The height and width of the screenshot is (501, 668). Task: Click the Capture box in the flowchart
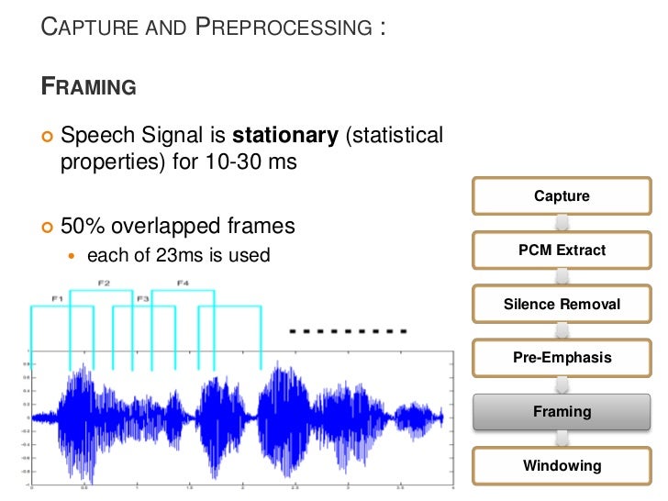pos(562,196)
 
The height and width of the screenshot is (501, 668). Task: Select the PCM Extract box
pos(562,250)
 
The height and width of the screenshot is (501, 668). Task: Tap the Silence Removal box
pos(562,305)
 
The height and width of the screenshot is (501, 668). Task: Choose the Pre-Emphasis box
pos(562,358)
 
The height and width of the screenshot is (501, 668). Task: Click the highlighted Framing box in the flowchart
pos(562,412)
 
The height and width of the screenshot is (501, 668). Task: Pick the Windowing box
pos(562,465)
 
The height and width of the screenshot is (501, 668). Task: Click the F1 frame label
pos(57,299)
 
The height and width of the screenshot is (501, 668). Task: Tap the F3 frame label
pos(142,299)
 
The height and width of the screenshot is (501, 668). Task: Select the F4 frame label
pos(183,282)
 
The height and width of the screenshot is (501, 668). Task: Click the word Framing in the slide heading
pos(90,88)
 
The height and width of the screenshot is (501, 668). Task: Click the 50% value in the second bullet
pos(81,226)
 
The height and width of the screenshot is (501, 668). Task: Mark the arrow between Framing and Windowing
pos(562,439)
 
